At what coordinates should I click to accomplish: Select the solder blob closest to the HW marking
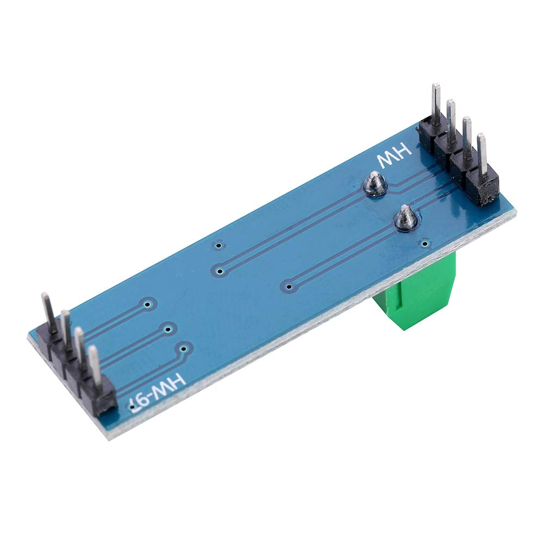(374, 184)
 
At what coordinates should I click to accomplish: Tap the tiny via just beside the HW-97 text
(130, 405)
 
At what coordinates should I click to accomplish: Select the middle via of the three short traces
(168, 328)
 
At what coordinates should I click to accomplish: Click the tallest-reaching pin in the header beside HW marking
(436, 103)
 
